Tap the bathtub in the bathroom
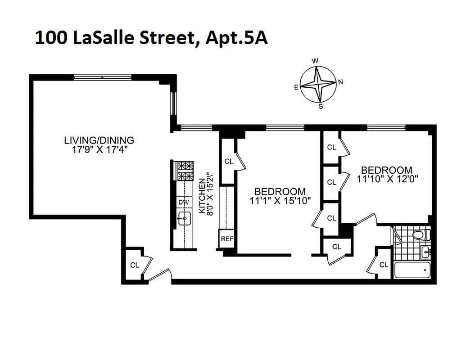click(412, 270)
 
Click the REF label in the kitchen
click(227, 238)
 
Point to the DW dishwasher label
click(183, 202)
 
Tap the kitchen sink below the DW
click(184, 220)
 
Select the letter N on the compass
click(340, 82)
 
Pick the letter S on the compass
click(321, 106)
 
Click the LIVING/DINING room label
click(99, 140)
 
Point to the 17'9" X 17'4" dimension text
click(99, 150)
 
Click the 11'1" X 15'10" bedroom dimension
click(281, 201)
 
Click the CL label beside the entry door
click(135, 265)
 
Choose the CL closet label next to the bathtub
click(384, 265)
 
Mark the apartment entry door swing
click(160, 275)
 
